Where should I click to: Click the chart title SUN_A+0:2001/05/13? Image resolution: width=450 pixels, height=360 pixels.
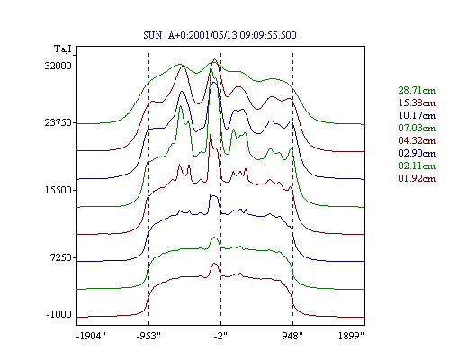[x=190, y=35]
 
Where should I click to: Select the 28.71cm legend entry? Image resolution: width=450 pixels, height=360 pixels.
[x=417, y=90]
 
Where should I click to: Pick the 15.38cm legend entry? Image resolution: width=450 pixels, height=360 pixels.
[x=417, y=103]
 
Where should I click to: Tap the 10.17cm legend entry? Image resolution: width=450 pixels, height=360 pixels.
[x=417, y=115]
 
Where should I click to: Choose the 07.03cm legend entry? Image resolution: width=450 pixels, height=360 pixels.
[x=417, y=128]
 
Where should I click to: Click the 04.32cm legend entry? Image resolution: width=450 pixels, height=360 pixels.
[x=417, y=140]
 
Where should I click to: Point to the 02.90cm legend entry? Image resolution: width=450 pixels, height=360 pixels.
[x=417, y=153]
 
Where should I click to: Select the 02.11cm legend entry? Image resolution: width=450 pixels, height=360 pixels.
[x=417, y=166]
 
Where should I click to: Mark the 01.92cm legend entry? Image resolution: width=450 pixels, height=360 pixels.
[x=417, y=178]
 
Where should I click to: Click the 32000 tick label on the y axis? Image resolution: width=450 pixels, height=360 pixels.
[x=58, y=66]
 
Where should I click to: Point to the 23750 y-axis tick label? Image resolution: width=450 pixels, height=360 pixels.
[x=58, y=122]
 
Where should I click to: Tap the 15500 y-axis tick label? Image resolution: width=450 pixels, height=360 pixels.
[x=58, y=190]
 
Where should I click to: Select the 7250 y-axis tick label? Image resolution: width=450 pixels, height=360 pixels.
[x=62, y=257]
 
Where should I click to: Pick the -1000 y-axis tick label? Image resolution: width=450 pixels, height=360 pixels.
[x=59, y=314]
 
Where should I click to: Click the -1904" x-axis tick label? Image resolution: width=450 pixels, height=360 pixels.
[x=91, y=336]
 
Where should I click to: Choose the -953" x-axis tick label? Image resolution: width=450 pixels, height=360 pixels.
[x=148, y=336]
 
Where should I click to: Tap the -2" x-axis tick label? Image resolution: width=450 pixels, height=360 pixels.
[x=220, y=336]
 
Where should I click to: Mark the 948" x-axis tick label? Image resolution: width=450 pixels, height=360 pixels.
[x=292, y=336]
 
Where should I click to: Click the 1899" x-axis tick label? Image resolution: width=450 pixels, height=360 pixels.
[x=351, y=336]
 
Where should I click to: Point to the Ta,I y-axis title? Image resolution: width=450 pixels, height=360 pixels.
[x=63, y=49]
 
